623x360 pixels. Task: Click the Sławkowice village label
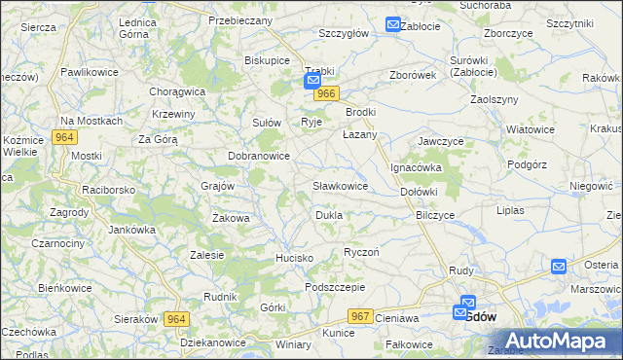[340, 185]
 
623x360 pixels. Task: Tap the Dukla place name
[328, 214]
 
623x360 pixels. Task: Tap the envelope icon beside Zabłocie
[392, 25]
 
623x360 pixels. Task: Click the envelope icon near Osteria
[559, 267]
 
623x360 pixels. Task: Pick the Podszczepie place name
[334, 287]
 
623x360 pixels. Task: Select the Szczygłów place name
[344, 32]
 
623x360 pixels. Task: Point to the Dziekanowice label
[214, 343]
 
